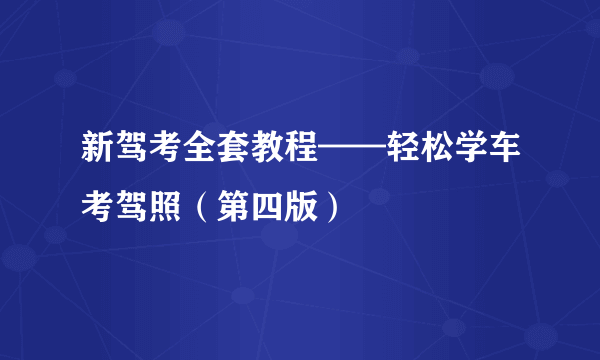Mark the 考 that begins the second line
[x=100, y=208]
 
